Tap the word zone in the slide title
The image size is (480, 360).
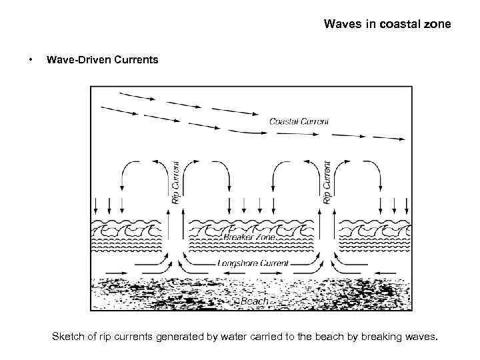pyautogui.click(x=437, y=25)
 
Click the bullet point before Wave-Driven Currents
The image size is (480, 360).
pyautogui.click(x=31, y=60)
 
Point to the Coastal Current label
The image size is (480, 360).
pyautogui.click(x=299, y=121)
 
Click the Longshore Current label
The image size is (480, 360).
pyautogui.click(x=253, y=263)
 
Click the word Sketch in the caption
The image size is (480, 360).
pyautogui.click(x=69, y=337)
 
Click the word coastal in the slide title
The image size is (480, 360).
pyautogui.click(x=398, y=25)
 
